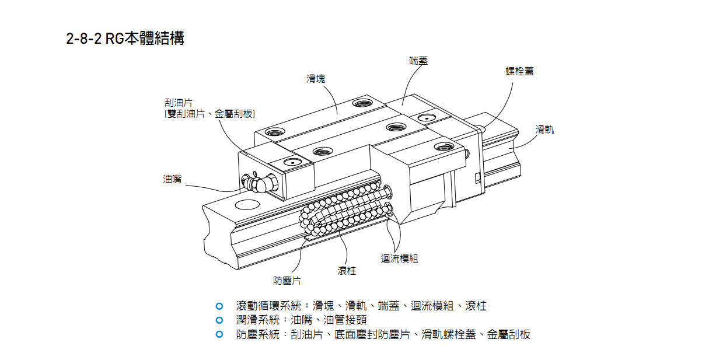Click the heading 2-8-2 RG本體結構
[x=125, y=39]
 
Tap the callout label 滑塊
[x=316, y=79]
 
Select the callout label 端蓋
[x=418, y=61]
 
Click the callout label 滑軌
[x=544, y=130]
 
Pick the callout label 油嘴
[x=172, y=179]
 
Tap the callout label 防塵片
[x=287, y=281]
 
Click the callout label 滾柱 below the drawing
[x=346, y=271]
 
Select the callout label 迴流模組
[x=400, y=258]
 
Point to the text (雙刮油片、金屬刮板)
[x=210, y=114]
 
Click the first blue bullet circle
[x=219, y=306]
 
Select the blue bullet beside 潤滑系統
[x=219, y=320]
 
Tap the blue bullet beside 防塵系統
[x=219, y=334]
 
